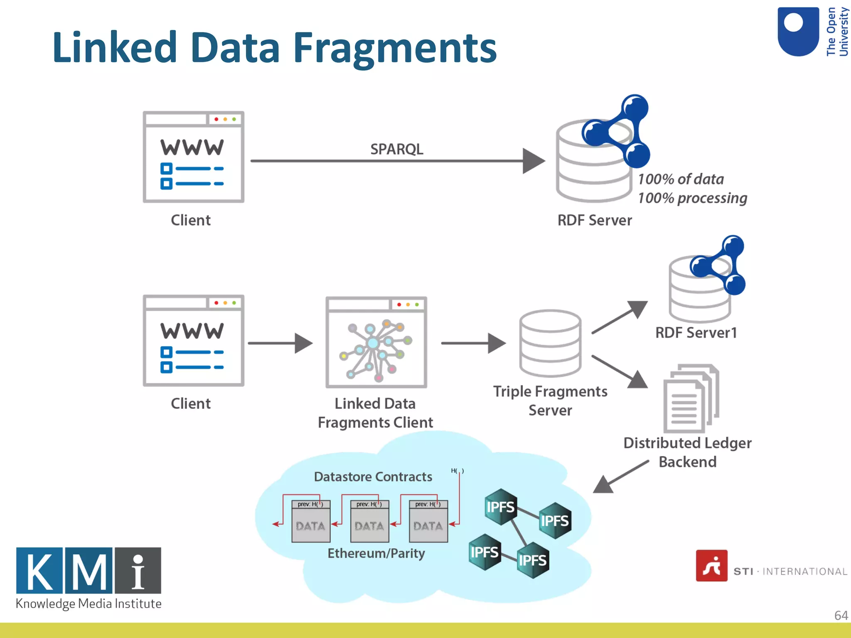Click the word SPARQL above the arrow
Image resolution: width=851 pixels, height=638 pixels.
[x=396, y=149]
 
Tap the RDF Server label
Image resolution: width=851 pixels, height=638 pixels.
[x=594, y=220]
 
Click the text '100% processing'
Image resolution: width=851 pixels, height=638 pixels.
[x=692, y=198]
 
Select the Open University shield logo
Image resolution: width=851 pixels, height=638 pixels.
[x=798, y=32]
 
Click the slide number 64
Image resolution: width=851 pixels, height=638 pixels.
[x=841, y=615]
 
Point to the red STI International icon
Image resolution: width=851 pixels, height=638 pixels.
[x=711, y=566]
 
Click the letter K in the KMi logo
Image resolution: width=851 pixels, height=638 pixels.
[x=39, y=571]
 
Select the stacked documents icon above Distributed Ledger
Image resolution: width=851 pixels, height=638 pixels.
[x=691, y=398]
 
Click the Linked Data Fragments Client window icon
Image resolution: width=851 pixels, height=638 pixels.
[x=376, y=342]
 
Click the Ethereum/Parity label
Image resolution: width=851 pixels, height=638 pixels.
[x=376, y=553]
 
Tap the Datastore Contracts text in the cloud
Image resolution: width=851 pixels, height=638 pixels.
[x=373, y=476]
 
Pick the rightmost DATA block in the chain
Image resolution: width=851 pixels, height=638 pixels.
[x=428, y=525]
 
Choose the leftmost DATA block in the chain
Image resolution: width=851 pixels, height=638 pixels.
[x=311, y=525]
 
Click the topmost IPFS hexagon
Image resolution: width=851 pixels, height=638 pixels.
[x=501, y=507]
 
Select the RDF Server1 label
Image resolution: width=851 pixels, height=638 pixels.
[x=696, y=333]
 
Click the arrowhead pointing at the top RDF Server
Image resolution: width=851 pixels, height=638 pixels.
[x=534, y=161]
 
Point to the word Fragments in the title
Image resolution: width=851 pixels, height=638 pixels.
[x=395, y=48]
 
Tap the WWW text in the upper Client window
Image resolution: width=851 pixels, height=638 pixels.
[x=192, y=147]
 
